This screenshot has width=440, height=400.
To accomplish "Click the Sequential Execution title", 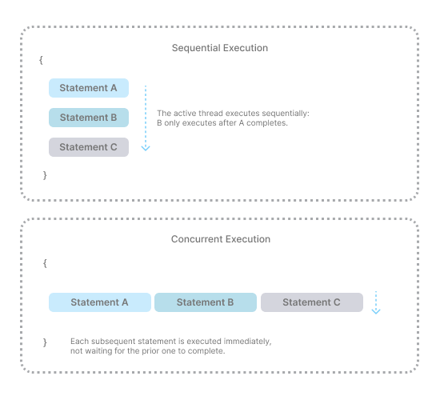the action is [220, 48].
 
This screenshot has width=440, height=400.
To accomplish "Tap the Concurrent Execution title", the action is [221, 239].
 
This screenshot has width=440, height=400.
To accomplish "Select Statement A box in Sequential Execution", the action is [89, 88].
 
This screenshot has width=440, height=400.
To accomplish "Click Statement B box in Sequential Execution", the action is [89, 118].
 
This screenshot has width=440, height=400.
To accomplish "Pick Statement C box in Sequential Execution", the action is [89, 147].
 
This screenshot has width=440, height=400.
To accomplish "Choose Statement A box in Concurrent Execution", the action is [100, 302].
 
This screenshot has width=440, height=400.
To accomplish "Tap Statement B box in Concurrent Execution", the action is [206, 302].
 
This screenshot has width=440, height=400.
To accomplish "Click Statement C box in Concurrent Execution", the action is [312, 302].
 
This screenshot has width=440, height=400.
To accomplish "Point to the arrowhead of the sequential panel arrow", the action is [146, 149].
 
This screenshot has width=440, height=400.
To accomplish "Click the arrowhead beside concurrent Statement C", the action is [376, 311].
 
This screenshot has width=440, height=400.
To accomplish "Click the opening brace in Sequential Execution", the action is [41, 60].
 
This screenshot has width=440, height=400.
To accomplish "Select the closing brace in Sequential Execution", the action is [45, 175].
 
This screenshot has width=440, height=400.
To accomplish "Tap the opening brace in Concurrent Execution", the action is [45, 263].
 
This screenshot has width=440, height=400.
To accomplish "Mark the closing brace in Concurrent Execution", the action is [45, 342].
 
